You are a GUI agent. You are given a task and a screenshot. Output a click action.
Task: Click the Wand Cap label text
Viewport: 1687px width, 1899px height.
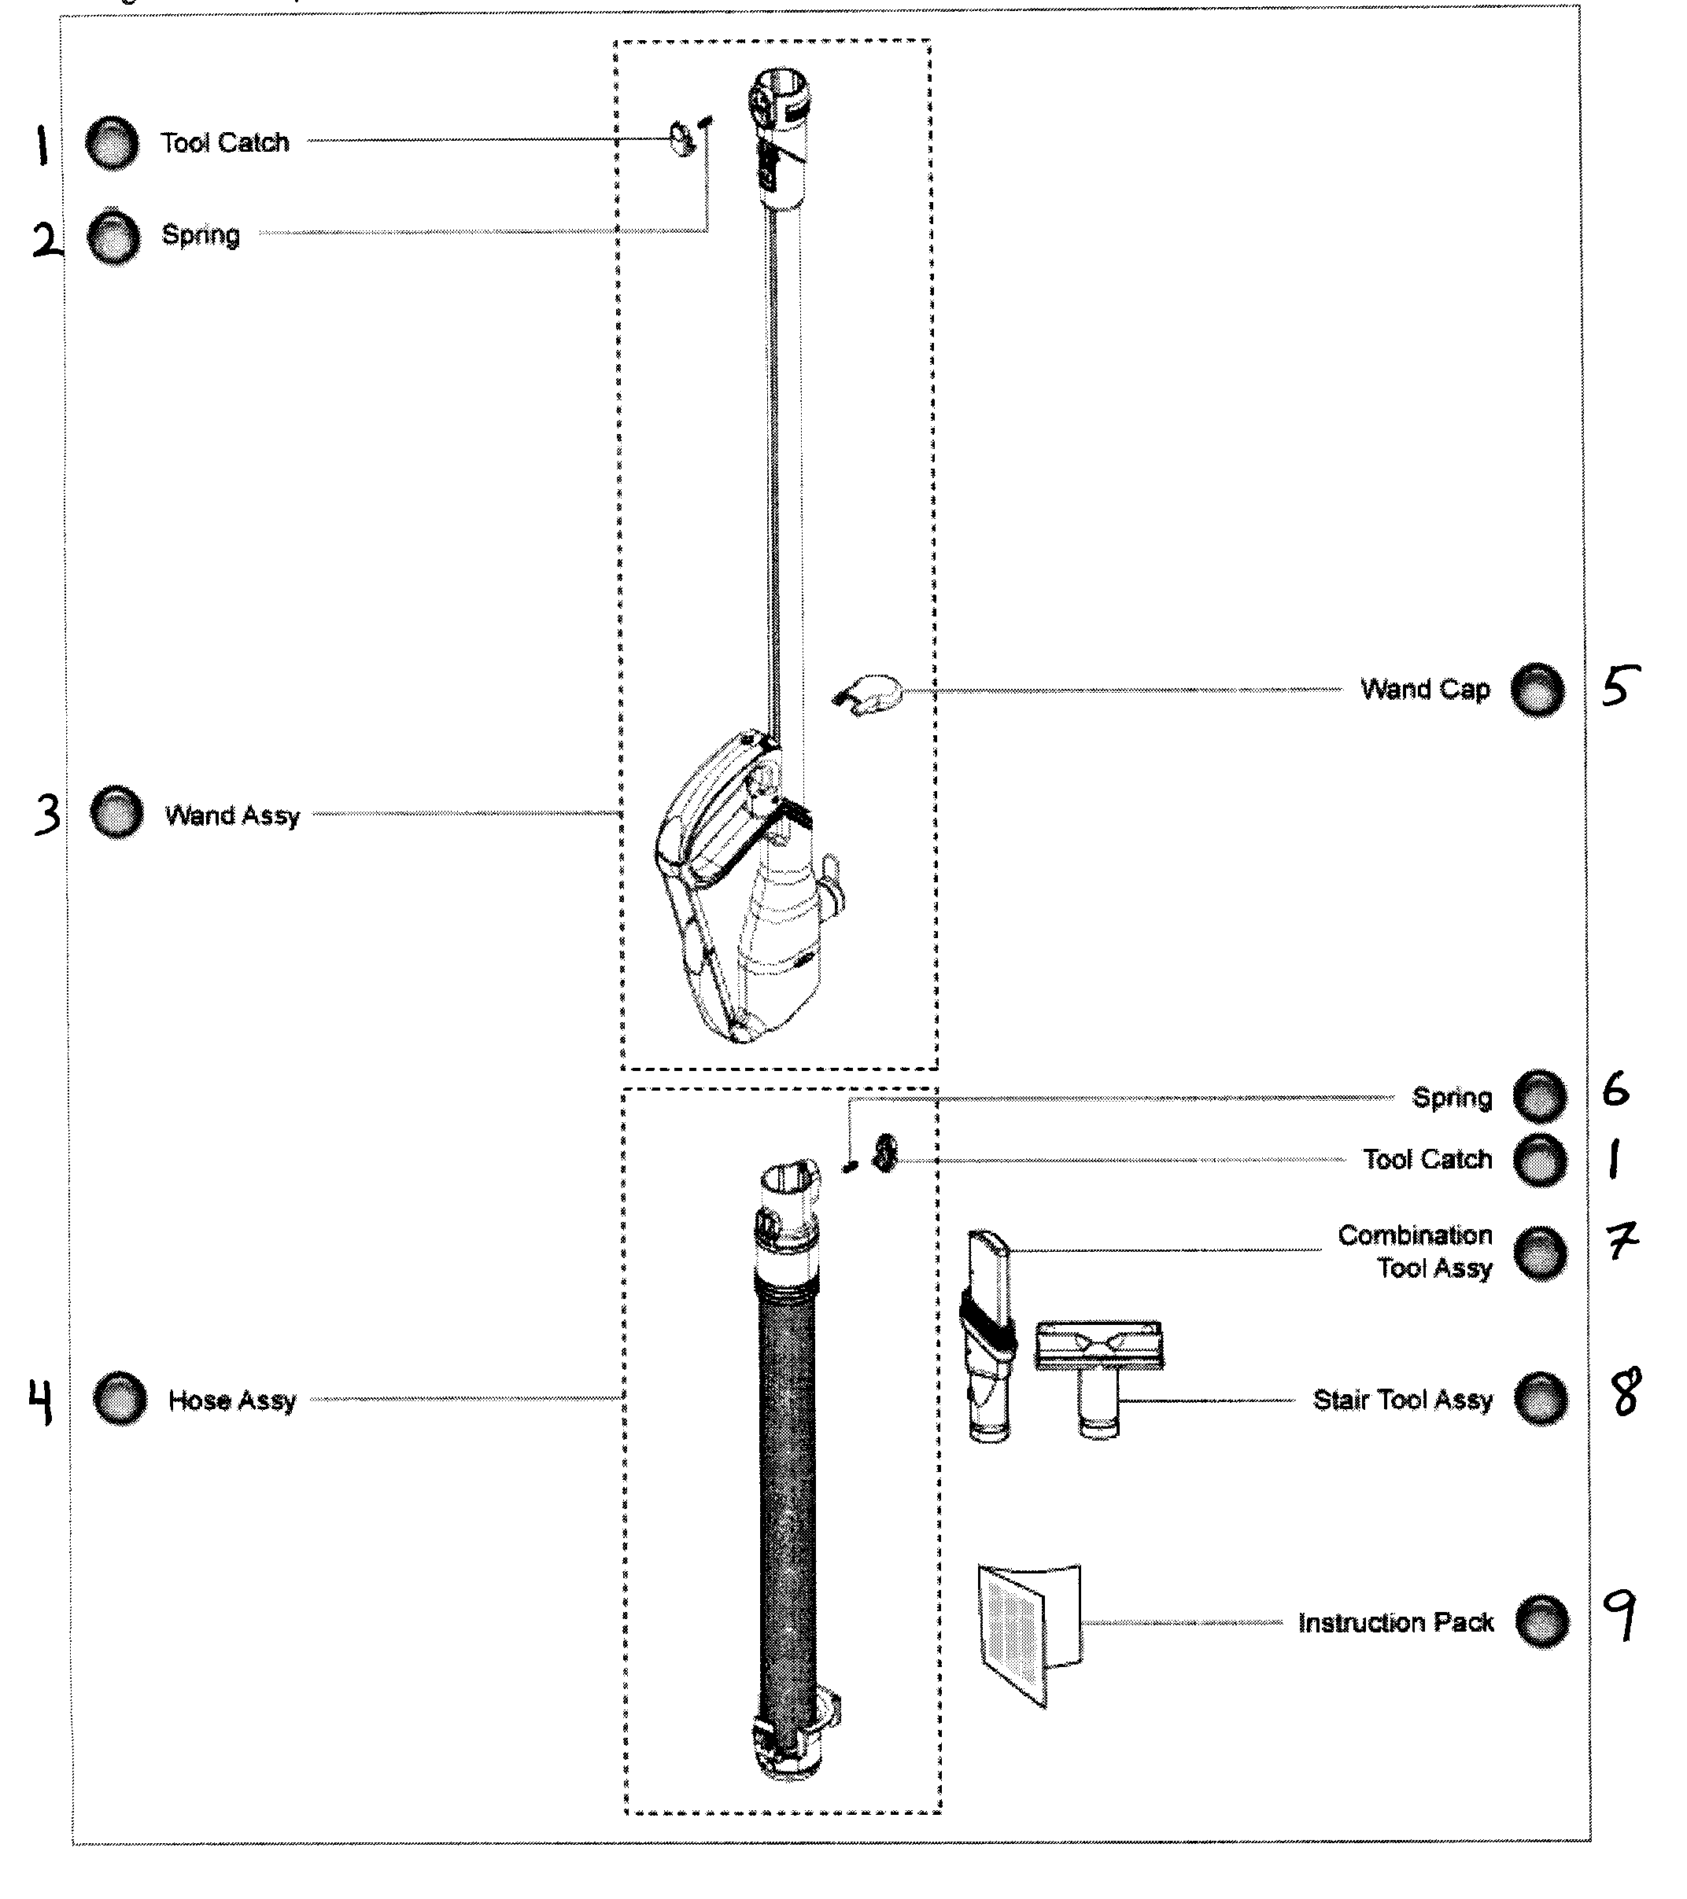click(x=1425, y=690)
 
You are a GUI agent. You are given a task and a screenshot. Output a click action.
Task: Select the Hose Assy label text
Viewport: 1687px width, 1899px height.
click(x=232, y=1400)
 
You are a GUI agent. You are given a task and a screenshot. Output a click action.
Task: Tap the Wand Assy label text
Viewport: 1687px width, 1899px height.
click(x=232, y=815)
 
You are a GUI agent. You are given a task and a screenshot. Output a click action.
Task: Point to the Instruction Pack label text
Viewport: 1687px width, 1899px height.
click(x=1395, y=1622)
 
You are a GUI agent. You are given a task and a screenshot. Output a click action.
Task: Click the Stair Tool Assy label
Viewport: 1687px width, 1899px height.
click(x=1403, y=1399)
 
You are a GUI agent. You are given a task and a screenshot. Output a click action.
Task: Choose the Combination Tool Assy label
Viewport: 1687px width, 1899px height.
click(x=1416, y=1250)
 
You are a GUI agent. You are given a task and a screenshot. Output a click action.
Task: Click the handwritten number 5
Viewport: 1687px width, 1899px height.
click(x=1620, y=685)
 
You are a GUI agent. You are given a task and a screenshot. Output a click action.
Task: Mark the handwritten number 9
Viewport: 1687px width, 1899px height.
click(x=1621, y=1614)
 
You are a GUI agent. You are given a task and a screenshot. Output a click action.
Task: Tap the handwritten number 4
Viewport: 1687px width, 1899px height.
click(x=41, y=1401)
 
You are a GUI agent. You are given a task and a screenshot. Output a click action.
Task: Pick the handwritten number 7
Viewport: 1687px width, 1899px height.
click(x=1622, y=1240)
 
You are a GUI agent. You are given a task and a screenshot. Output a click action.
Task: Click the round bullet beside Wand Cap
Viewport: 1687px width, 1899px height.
click(x=1537, y=690)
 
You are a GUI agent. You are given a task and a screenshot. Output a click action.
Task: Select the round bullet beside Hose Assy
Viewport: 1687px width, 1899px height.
click(x=120, y=1398)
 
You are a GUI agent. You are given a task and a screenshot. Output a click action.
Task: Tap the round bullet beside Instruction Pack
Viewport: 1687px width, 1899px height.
click(x=1542, y=1621)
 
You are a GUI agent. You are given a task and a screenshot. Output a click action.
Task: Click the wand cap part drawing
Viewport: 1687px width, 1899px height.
click(x=867, y=695)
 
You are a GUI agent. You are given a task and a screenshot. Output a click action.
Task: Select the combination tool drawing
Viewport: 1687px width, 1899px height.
click(x=988, y=1336)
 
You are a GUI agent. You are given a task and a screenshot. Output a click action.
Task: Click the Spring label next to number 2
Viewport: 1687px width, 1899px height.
click(x=201, y=235)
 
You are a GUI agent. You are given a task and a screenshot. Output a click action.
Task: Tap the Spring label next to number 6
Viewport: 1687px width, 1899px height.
click(x=1452, y=1097)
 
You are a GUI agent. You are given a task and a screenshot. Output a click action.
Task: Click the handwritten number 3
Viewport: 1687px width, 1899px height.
click(x=46, y=814)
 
